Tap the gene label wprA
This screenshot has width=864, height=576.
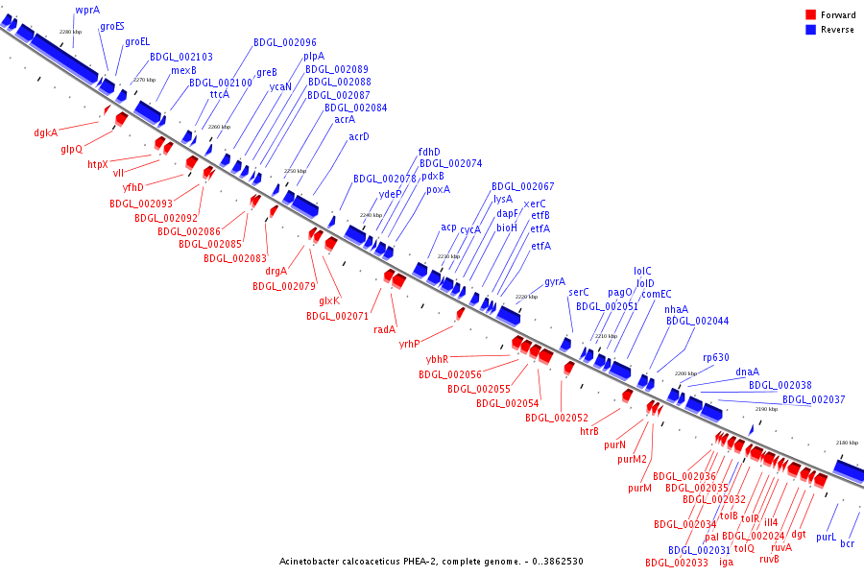[87, 10]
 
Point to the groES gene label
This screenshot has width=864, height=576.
[112, 27]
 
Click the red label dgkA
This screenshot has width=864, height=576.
[45, 132]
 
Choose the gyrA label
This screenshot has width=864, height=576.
[555, 281]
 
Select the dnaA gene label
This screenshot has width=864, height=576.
[747, 372]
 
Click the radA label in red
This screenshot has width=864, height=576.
[385, 329]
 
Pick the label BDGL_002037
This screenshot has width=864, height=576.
[813, 399]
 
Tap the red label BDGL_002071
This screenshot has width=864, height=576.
[337, 316]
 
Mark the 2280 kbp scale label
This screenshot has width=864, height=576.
[70, 32]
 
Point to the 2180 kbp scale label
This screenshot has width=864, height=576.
[846, 443]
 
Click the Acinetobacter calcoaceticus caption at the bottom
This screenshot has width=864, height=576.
[431, 562]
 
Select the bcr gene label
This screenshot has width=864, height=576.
[847, 544]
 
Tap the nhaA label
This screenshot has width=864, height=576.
[676, 309]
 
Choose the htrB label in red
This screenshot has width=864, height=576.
[589, 431]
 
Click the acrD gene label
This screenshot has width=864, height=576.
[358, 136]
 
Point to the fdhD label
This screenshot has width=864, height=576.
[429, 152]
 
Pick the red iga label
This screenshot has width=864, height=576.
[726, 562]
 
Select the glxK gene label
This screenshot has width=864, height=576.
[329, 300]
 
